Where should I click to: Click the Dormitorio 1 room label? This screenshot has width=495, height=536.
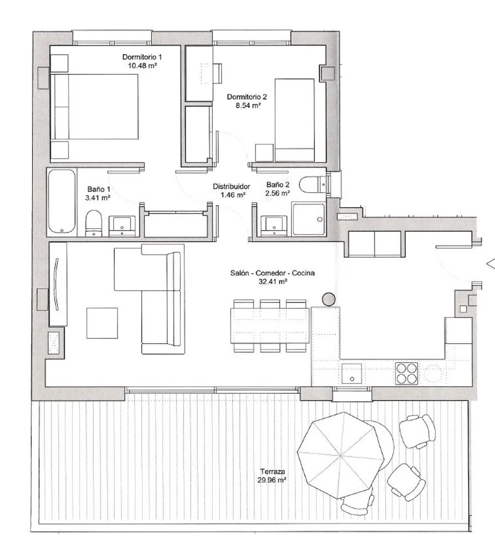click(x=142, y=57)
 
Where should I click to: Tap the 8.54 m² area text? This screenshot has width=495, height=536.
click(x=248, y=106)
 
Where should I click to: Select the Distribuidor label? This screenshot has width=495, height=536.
click(x=231, y=186)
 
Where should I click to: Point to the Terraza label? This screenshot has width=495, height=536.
click(x=272, y=471)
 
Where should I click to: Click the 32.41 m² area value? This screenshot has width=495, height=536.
click(x=273, y=282)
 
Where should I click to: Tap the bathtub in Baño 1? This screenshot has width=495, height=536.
click(x=62, y=202)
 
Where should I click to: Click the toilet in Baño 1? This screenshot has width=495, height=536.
click(x=93, y=223)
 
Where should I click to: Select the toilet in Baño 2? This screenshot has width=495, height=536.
click(x=314, y=185)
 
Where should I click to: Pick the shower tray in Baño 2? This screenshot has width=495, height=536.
click(x=308, y=219)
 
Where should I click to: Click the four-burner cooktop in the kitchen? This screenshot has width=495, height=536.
click(x=407, y=373)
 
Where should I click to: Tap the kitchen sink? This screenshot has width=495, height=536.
click(x=351, y=374)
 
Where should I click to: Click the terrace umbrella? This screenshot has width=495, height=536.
click(x=341, y=455)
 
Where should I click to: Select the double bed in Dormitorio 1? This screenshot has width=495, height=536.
click(x=94, y=107)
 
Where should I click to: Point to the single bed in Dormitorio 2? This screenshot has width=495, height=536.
click(x=295, y=120)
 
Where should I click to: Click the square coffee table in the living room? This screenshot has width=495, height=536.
click(x=102, y=323)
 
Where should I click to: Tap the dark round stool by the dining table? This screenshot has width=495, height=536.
click(x=329, y=299)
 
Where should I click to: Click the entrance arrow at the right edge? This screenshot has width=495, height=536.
click(x=491, y=264)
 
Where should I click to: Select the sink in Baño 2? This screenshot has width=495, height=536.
click(x=274, y=226)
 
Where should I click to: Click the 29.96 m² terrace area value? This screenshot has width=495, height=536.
click(x=272, y=480)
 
